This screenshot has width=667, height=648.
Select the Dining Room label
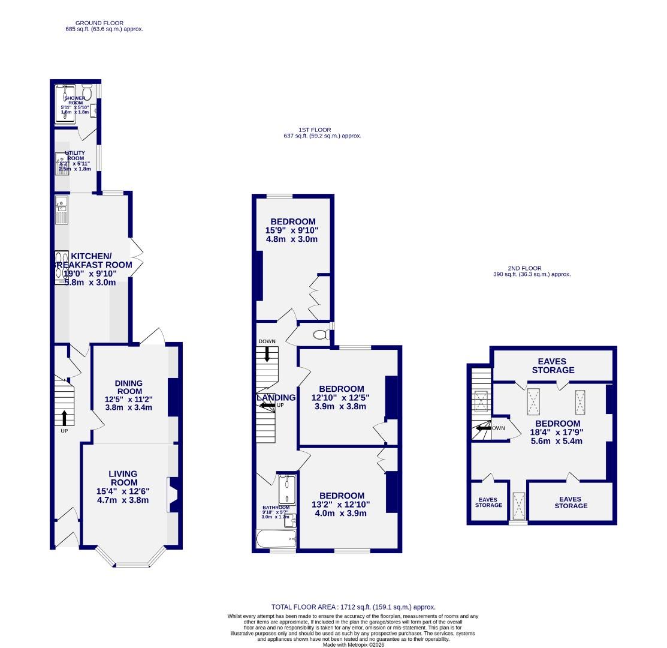(129, 388)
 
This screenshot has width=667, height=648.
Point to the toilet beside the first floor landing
(321, 335)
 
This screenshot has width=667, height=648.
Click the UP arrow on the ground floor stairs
(64, 418)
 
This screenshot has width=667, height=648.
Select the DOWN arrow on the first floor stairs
(267, 353)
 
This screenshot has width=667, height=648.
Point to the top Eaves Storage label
(552, 366)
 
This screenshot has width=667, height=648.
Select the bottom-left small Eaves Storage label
(488, 502)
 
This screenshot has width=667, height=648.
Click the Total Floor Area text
(353, 607)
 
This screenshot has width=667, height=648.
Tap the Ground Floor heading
(104, 25)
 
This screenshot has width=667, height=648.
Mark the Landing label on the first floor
(276, 398)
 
